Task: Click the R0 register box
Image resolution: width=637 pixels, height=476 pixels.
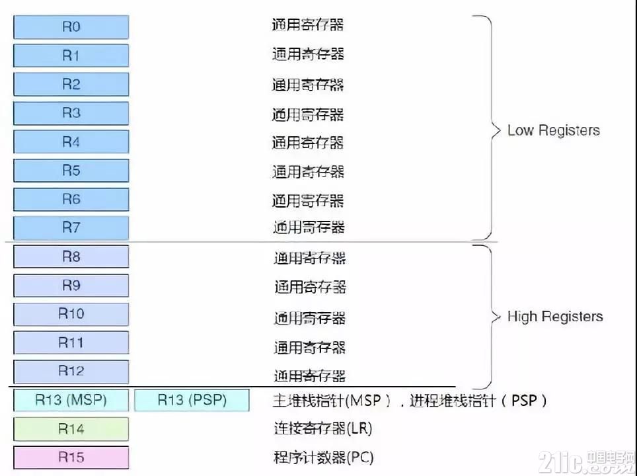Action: coord(71,27)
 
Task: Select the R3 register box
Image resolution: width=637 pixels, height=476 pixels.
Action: coord(71,113)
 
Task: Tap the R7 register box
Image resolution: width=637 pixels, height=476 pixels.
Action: coord(71,227)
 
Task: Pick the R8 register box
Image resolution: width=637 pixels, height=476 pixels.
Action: coord(71,257)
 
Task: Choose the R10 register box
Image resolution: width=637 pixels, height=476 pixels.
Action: coord(71,314)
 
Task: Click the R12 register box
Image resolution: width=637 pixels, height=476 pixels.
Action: coord(71,372)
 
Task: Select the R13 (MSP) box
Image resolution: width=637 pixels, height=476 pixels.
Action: coord(71,401)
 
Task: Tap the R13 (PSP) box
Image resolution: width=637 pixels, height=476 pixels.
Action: coord(192,401)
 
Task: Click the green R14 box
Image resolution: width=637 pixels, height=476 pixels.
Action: coord(71,429)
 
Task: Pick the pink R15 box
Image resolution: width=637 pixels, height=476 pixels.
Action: coord(71,457)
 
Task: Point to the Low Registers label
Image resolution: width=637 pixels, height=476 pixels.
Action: coord(554,130)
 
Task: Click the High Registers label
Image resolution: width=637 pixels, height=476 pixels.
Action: coord(555,317)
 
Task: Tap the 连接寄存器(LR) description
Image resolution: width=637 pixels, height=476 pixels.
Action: coord(323,428)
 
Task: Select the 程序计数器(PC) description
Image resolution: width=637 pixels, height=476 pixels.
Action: coord(323,457)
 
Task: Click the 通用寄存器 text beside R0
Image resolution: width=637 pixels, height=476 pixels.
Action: coord(307,25)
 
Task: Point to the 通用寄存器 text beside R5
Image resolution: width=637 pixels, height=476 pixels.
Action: coord(308,171)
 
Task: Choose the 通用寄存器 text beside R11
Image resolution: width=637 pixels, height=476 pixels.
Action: coord(309,348)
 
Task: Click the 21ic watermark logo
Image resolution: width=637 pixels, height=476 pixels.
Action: coord(587,463)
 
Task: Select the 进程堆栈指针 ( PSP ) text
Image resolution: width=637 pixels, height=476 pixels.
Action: coord(478,401)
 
